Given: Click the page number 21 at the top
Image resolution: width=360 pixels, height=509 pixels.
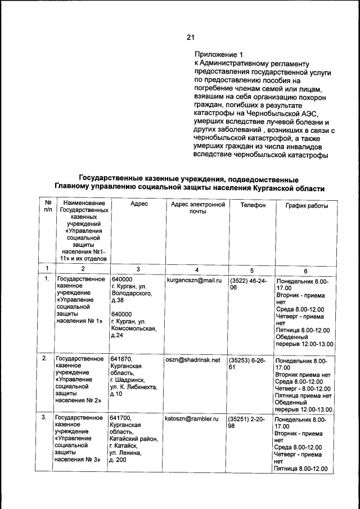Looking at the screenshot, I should pos(190,38).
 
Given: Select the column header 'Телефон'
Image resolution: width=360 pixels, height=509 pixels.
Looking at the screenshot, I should pos(253,205).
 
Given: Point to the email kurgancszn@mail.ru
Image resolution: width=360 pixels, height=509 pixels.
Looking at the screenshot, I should pos(193,280).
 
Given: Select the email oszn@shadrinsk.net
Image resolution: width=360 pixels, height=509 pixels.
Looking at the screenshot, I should pos(192,360).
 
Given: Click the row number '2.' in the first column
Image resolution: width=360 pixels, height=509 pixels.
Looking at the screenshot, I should pos(44,358).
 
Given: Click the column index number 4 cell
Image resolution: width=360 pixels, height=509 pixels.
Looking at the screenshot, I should pos(197,269).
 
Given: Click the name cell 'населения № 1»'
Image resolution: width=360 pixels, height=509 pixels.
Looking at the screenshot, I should pos(79,321).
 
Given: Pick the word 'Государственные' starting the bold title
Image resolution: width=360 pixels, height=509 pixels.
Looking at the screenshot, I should pos(113,178).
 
